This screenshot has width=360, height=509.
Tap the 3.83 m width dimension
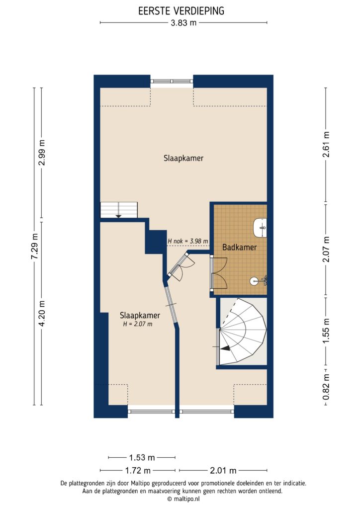[x=183, y=22]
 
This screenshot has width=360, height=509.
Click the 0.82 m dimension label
[x=326, y=387]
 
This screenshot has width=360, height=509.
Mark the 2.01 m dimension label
[x=223, y=470]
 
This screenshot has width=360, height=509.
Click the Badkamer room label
[x=239, y=247]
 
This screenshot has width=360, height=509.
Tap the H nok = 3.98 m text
[x=187, y=241]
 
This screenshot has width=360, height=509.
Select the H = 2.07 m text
[x=137, y=324]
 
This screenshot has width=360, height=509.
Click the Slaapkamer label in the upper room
[x=183, y=159]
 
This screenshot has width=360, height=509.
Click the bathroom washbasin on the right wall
[x=260, y=228]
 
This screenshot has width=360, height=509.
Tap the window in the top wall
[x=172, y=81]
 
